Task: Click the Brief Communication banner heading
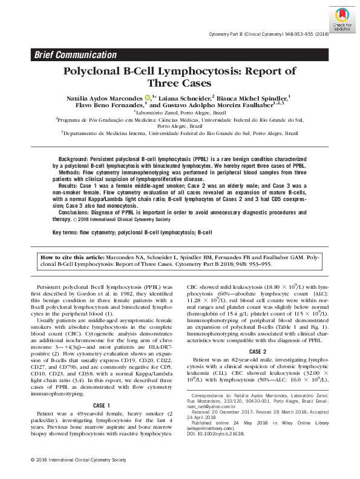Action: [x=76, y=55]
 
